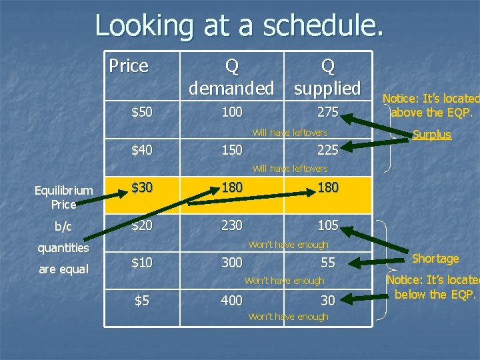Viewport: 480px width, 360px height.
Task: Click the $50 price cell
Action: [141, 112]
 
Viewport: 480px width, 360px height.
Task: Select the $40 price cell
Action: [141, 150]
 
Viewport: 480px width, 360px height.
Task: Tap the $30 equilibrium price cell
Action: [141, 187]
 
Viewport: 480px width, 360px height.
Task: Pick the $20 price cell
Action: [141, 225]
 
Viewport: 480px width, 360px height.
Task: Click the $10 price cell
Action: [141, 263]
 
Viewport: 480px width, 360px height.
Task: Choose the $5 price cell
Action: [141, 301]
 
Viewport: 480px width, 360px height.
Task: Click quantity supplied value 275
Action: [327, 112]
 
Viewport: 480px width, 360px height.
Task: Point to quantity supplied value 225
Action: [327, 150]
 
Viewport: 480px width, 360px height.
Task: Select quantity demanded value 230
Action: [231, 225]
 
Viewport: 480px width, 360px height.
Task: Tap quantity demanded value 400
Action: [231, 301]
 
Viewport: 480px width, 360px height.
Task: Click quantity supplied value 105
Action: [327, 225]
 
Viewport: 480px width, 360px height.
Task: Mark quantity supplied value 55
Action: [327, 263]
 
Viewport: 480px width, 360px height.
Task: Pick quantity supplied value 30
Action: [327, 301]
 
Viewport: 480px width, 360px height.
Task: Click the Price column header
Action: [128, 66]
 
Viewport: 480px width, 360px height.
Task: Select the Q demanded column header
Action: [231, 77]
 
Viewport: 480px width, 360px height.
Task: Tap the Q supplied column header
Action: [327, 77]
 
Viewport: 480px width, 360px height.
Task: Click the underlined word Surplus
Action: [431, 135]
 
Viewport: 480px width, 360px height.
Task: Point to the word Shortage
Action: [435, 259]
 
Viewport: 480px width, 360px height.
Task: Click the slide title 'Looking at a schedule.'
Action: [239, 26]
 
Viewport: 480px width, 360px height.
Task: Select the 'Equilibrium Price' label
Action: [63, 197]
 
